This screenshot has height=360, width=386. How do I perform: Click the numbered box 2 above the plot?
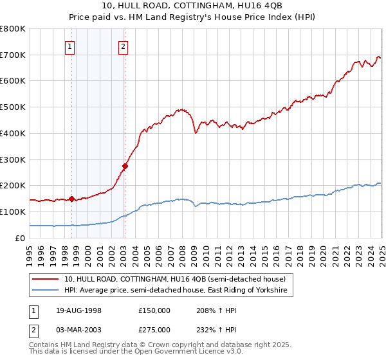click(x=123, y=46)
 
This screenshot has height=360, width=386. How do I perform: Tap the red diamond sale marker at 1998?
click(x=72, y=199)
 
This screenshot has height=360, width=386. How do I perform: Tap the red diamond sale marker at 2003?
click(x=125, y=166)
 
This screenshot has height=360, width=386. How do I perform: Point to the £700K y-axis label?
click(x=13, y=55)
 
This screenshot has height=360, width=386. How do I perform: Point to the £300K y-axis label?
click(x=13, y=159)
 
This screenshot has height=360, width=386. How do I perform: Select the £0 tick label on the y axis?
click(x=21, y=238)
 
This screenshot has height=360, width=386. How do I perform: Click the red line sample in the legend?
click(x=46, y=278)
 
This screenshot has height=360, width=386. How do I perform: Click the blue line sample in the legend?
click(x=46, y=291)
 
